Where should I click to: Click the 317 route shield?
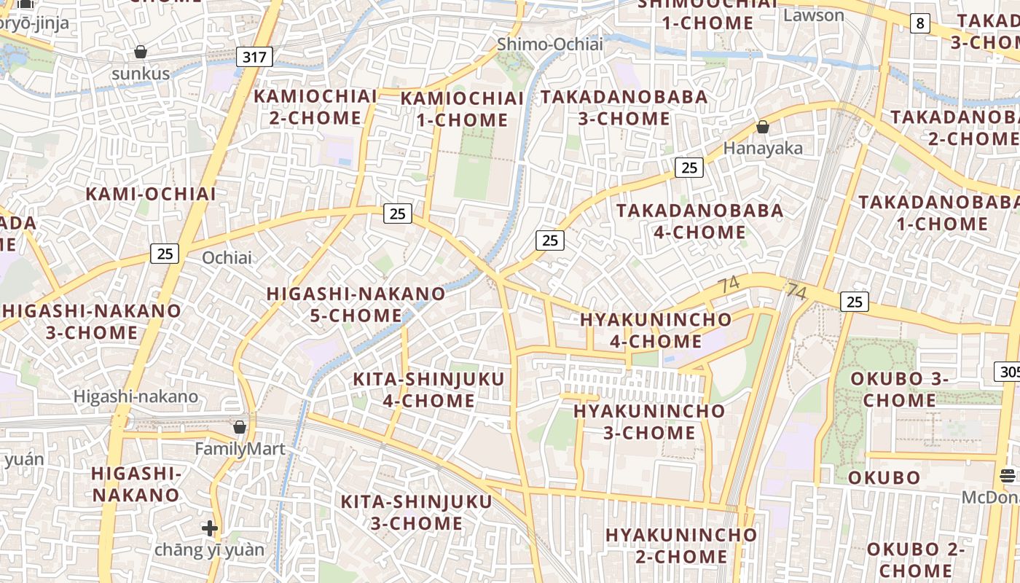254,56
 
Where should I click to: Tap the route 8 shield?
920,23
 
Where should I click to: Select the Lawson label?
814,15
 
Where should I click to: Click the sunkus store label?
141,74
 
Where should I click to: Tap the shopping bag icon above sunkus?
141,52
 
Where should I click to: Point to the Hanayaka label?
763,149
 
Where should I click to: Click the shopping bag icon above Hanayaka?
763,127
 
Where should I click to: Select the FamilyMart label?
240,449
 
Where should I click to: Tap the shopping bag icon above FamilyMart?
240,427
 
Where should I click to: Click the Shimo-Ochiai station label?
550,44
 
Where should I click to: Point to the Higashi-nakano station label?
136,396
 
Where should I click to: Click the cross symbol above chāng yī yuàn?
210,528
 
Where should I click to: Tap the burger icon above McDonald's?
1008,475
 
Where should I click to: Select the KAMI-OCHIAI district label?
151,194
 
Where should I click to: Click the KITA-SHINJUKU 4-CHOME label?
428,390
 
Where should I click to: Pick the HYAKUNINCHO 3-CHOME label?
649,421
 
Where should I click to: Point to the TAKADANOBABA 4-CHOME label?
700,222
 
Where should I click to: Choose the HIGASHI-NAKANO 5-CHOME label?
356,305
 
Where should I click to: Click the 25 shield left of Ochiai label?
165,253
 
